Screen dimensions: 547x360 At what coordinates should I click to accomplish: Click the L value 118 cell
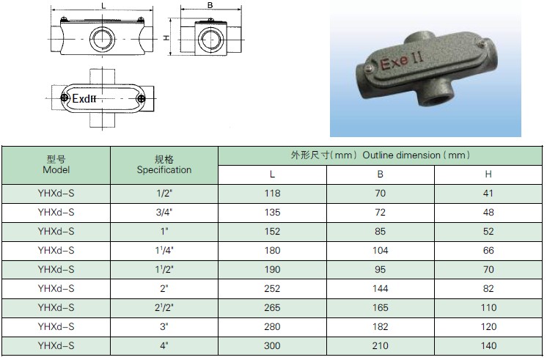(272, 194)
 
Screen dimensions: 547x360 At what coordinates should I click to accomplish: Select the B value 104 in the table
(380, 251)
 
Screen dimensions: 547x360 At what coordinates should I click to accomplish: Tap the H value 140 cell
(488, 345)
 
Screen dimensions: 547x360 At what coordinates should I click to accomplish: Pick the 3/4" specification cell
(164, 213)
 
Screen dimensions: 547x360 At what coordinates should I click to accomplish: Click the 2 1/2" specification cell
(164, 308)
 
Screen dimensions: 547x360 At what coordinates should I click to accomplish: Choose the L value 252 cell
(272, 288)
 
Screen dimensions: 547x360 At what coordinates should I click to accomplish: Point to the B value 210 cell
(381, 345)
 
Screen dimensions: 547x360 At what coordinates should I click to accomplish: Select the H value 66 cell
(488, 251)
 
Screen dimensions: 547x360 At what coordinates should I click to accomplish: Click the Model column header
(56, 165)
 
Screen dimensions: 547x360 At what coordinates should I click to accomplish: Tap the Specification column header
(164, 165)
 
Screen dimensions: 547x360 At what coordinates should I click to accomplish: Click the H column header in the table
(488, 174)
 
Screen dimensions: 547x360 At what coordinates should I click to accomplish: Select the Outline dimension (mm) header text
(416, 155)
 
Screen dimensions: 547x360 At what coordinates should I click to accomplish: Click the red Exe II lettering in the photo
(402, 60)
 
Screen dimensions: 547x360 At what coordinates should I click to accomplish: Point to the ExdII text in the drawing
(84, 99)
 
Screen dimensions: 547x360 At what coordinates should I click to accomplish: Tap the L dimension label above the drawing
(103, 6)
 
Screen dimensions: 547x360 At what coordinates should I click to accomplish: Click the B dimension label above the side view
(210, 5)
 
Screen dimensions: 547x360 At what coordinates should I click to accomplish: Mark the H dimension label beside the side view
(166, 37)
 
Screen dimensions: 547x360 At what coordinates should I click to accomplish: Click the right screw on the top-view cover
(141, 98)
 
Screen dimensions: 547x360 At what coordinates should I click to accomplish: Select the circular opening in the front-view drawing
(102, 38)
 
